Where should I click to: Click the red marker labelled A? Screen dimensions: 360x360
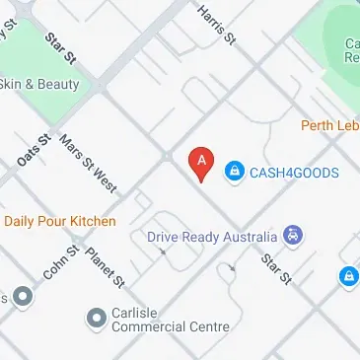(202, 164)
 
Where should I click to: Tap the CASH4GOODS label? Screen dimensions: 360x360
(294, 173)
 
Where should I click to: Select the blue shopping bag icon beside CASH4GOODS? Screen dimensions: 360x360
(235, 173)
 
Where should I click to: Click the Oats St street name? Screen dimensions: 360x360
(34, 150)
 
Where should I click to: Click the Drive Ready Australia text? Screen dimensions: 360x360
(212, 237)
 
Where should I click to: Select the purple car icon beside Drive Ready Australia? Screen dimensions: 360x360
(293, 236)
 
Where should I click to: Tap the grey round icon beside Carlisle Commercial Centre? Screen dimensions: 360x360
(96, 318)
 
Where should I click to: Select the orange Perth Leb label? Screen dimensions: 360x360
(329, 125)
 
